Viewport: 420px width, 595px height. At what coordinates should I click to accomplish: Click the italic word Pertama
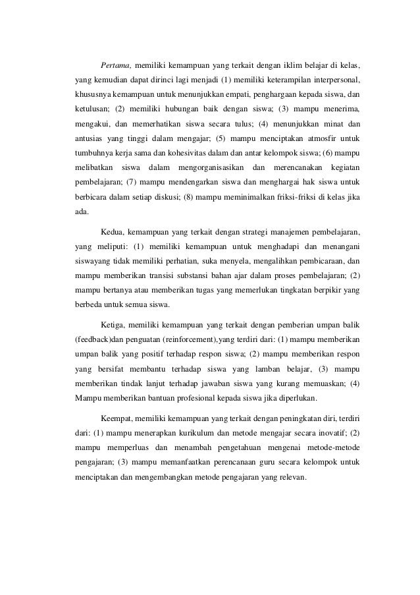point(116,66)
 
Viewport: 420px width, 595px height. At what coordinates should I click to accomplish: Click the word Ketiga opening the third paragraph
point(114,326)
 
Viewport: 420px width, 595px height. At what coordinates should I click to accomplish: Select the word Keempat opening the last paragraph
point(118,418)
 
